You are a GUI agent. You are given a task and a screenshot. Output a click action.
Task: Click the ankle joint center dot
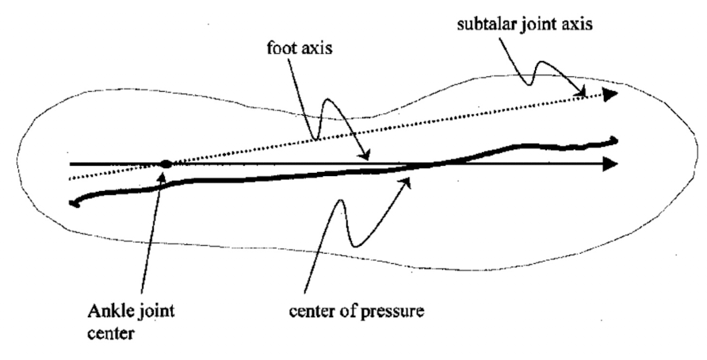165,164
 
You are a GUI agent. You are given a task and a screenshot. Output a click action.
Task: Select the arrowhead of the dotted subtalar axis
610,94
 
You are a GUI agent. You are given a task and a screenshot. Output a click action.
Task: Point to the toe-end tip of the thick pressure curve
615,142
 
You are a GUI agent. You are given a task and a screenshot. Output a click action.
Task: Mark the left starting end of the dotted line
71,178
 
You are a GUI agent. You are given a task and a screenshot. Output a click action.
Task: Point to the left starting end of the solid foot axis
71,164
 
